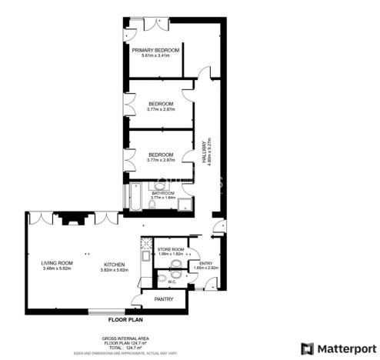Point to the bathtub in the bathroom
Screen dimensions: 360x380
(x=134, y=196)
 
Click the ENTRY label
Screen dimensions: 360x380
(x=205, y=263)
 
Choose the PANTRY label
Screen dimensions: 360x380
(x=163, y=299)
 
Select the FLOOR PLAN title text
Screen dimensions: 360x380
(x=126, y=318)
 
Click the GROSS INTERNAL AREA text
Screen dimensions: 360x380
(x=126, y=338)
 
